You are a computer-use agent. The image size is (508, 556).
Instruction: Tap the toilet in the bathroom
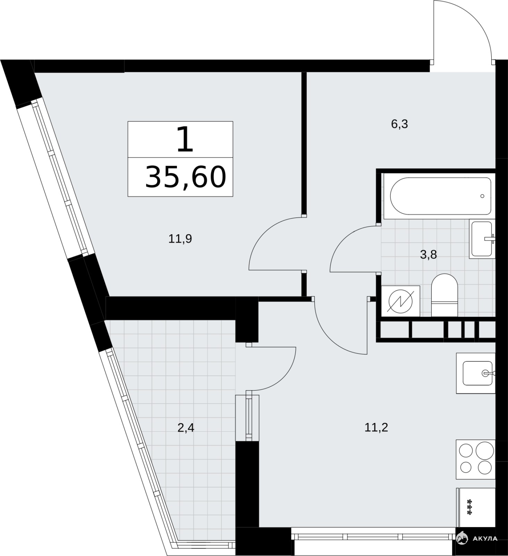[x=444, y=295]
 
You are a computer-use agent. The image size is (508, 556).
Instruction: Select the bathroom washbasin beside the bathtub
[x=482, y=239]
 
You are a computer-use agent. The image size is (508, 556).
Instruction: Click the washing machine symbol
[x=401, y=301]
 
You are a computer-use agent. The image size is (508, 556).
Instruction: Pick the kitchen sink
[x=476, y=373]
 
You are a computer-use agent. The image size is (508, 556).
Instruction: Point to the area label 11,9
[x=180, y=239]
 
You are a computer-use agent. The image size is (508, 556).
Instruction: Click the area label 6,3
[x=399, y=124]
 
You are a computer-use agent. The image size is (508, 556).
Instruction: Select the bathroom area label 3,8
[x=429, y=255]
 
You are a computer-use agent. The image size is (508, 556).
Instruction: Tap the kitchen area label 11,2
[x=376, y=427]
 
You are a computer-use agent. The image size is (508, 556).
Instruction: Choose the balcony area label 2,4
[x=186, y=427]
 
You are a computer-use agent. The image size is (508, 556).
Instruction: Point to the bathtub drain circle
[x=482, y=196]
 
